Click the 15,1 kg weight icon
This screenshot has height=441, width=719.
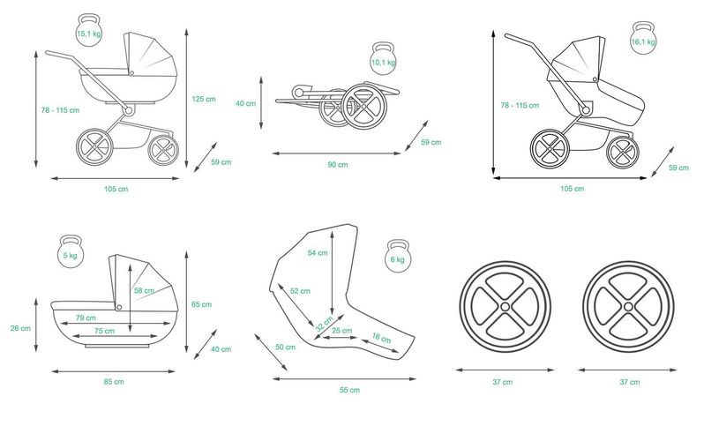[x=89, y=30]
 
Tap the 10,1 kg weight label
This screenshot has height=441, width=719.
[x=384, y=62]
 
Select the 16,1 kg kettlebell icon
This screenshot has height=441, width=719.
[x=643, y=38]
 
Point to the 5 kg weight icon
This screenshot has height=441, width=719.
[x=71, y=251]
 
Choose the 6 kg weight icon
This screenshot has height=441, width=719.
[x=398, y=256]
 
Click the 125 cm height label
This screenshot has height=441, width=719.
[x=204, y=99]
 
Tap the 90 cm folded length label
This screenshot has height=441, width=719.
[x=338, y=165]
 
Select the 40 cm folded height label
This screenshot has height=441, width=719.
[x=246, y=103]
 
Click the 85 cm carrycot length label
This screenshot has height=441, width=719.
[x=114, y=381]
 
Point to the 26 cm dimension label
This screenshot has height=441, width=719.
[x=20, y=328]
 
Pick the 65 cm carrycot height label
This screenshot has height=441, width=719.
[x=202, y=304]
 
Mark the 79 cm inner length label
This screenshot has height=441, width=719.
[x=86, y=318]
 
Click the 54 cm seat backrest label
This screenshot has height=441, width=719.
[x=318, y=252]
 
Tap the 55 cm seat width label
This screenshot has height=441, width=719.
[x=350, y=390]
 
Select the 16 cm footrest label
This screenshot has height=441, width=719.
[x=381, y=338]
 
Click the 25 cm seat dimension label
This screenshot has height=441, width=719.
[x=342, y=331]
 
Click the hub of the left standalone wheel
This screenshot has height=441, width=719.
[x=505, y=306]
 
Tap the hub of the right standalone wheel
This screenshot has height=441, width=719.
[x=628, y=307]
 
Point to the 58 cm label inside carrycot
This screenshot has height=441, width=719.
[x=144, y=290]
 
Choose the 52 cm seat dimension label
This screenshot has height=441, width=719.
[x=300, y=291]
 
